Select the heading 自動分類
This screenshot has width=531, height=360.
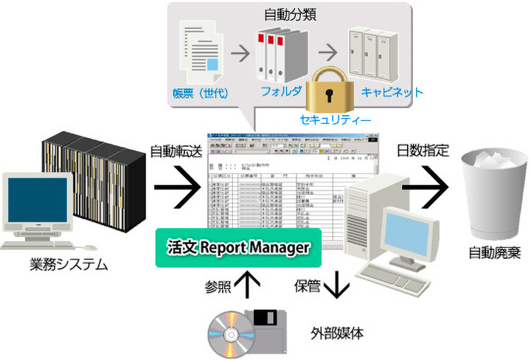pos(290,15)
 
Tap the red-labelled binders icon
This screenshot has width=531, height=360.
pos(277,52)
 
